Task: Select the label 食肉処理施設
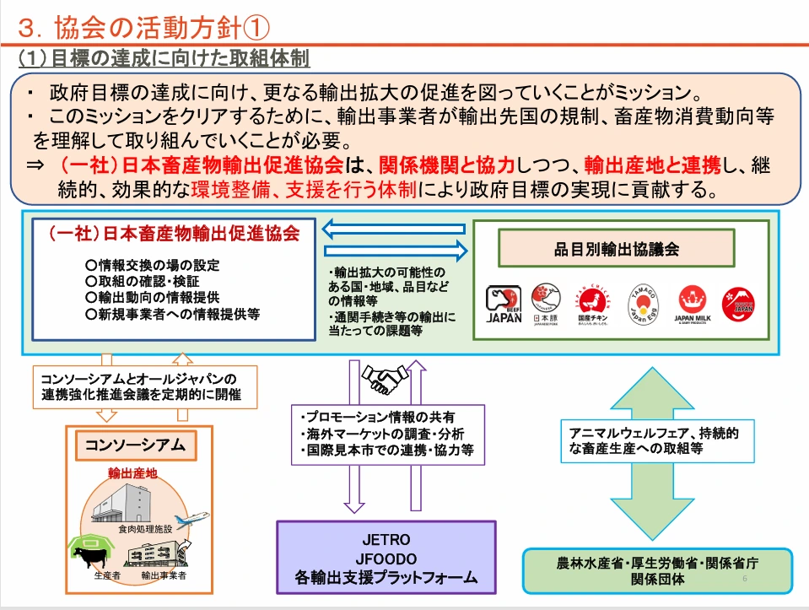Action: [145, 529]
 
